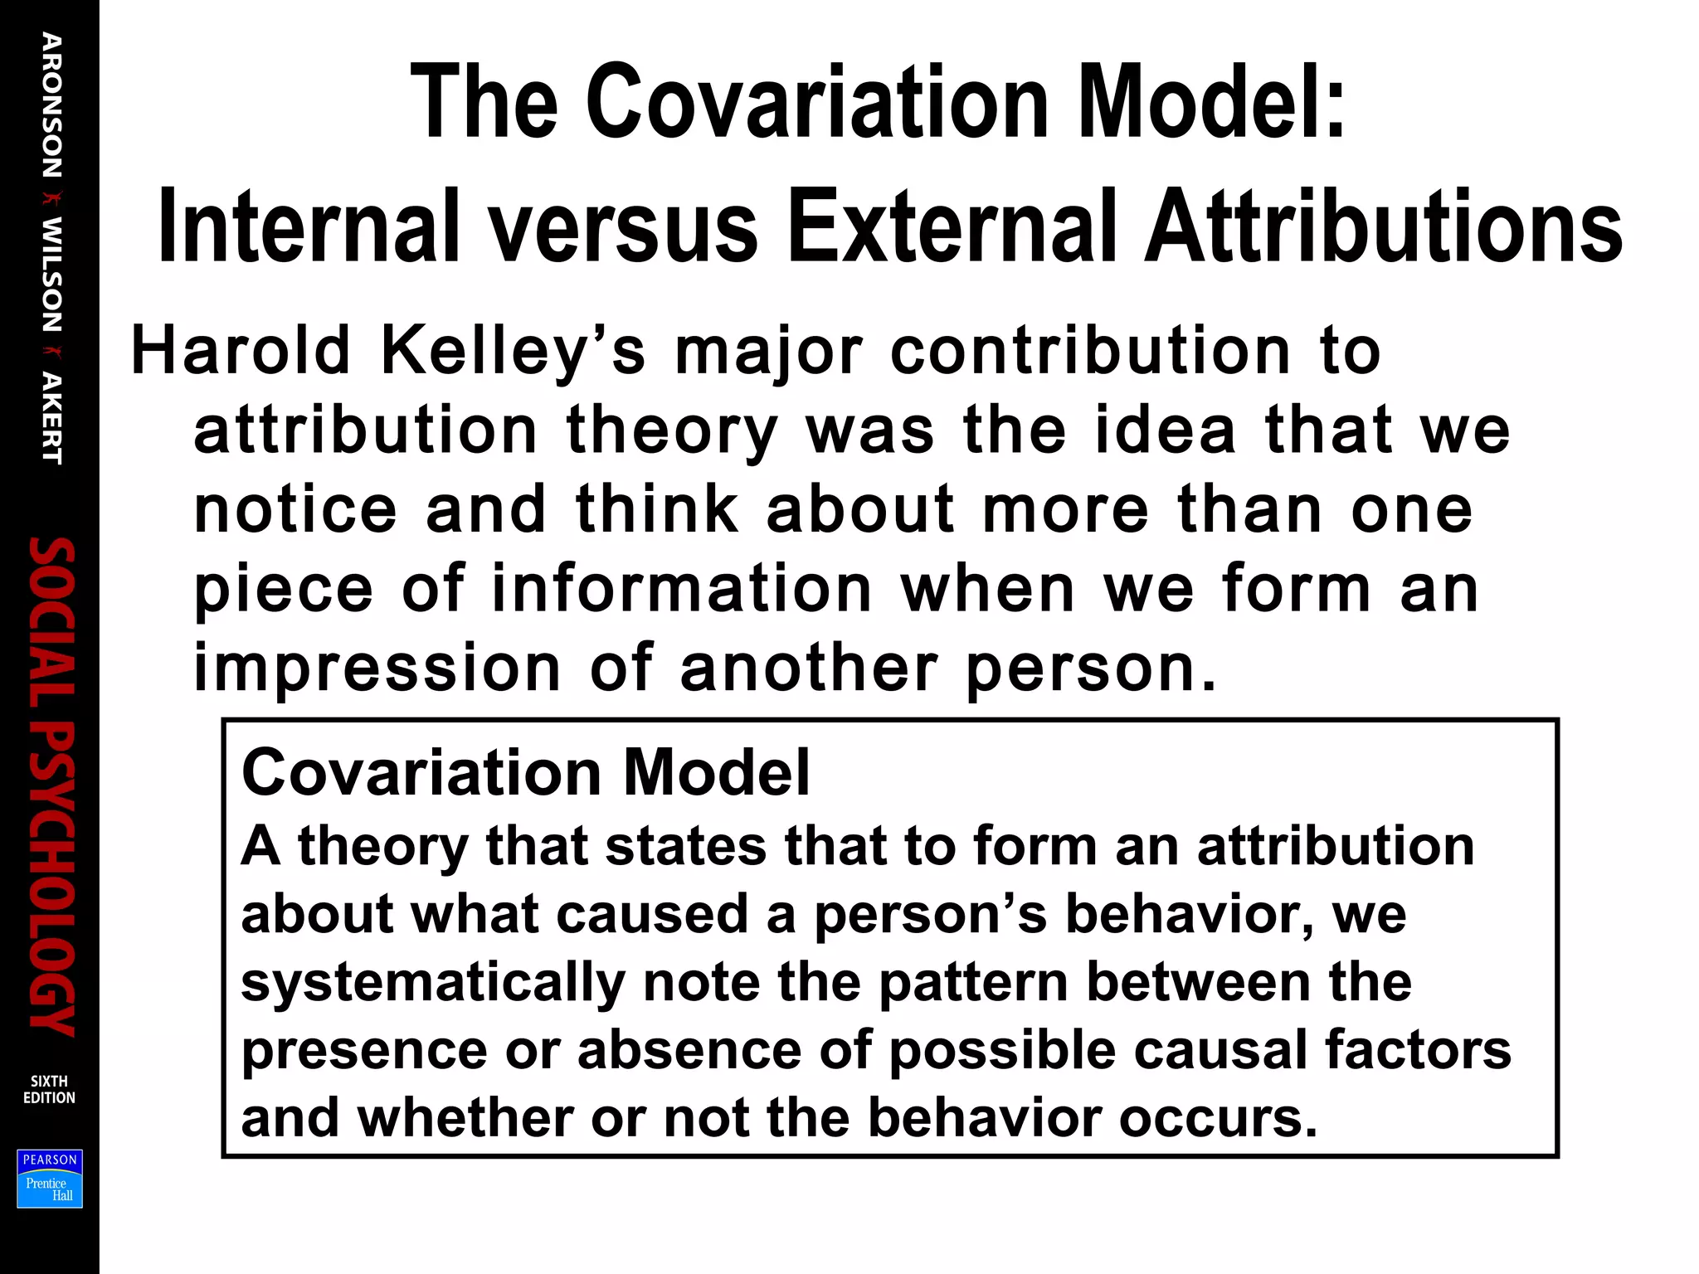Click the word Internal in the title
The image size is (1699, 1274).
click(x=308, y=226)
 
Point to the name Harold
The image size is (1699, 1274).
click(x=241, y=350)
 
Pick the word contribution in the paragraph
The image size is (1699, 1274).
click(x=1090, y=350)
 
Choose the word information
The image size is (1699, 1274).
click(x=681, y=588)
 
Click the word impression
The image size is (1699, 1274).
click(x=377, y=669)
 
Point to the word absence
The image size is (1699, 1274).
click(x=689, y=1050)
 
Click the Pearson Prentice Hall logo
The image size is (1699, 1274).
click(x=50, y=1179)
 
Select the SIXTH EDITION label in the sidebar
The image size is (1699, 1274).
click(x=49, y=1089)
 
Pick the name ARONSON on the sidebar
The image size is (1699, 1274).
click(x=51, y=105)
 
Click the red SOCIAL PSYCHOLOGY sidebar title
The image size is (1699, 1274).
click(x=51, y=785)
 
